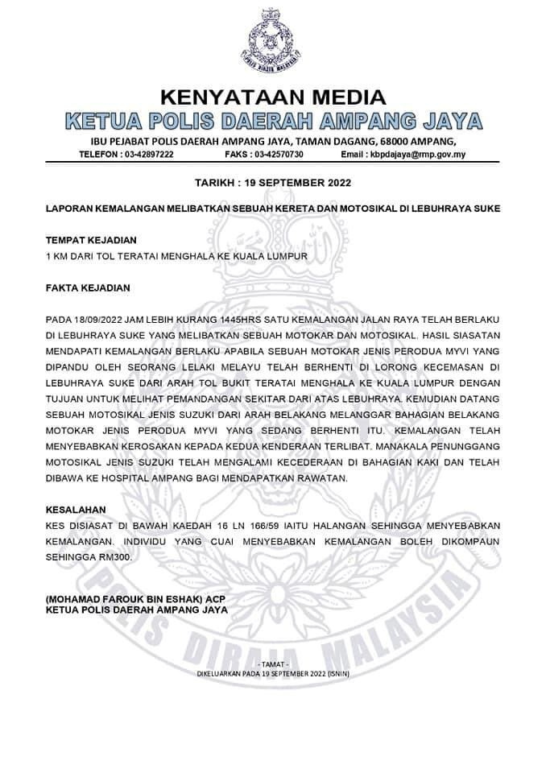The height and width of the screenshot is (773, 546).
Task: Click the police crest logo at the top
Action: pyautogui.click(x=273, y=40)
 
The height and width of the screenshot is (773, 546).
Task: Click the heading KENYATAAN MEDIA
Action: pyautogui.click(x=273, y=98)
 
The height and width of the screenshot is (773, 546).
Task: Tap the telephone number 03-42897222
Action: pyautogui.click(x=143, y=154)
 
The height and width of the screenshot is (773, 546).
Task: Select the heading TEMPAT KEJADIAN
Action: pyautogui.click(x=91, y=240)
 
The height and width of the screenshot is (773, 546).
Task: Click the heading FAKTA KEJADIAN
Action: pyautogui.click(x=88, y=287)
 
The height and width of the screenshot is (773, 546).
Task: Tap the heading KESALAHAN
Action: pyautogui.click(x=78, y=510)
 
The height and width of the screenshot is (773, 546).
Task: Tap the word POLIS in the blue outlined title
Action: pyautogui.click(x=161, y=122)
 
